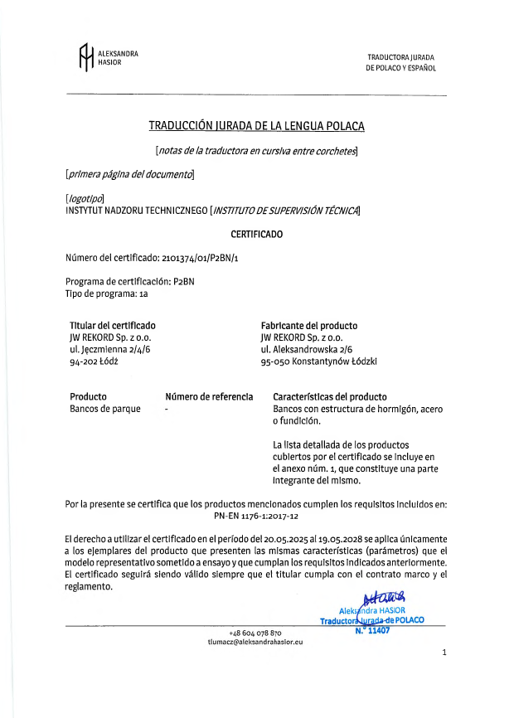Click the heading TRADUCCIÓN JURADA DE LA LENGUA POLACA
pyautogui.click(x=256, y=126)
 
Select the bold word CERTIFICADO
pyautogui.click(x=256, y=234)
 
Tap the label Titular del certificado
pyautogui.click(x=113, y=326)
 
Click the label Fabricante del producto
pyautogui.click(x=308, y=326)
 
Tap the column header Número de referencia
pyautogui.click(x=209, y=397)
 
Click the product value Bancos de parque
pyautogui.click(x=105, y=409)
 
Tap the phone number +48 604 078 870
pyautogui.click(x=255, y=633)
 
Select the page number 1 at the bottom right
pyautogui.click(x=444, y=653)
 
